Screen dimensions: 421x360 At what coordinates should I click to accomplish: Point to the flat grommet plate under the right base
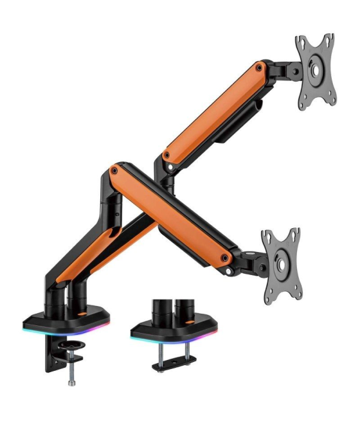[174, 364]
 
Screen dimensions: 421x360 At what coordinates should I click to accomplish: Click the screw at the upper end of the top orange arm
[258, 66]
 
